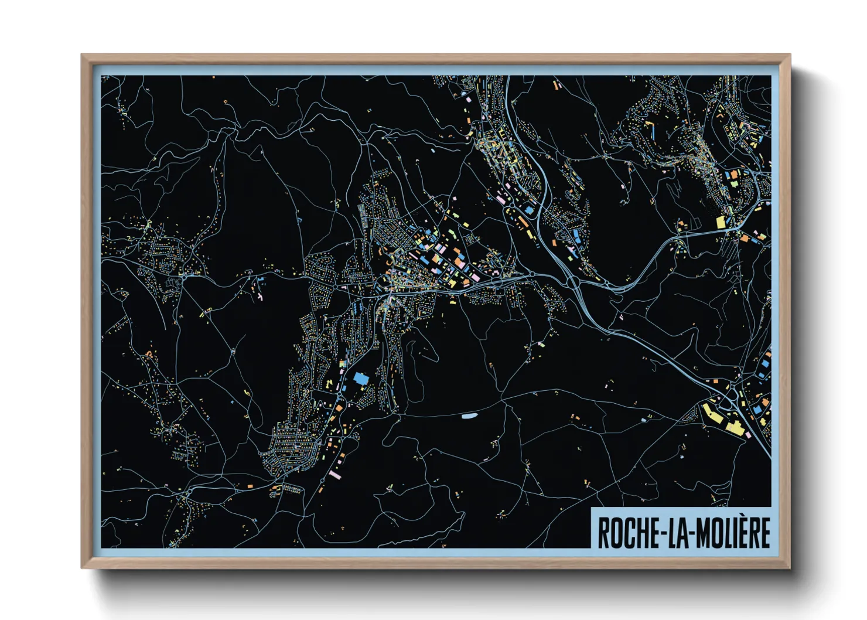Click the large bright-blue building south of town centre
point(361,379)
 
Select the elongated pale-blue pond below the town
point(469,417)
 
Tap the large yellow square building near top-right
point(721,222)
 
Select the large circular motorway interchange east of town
point(573,283)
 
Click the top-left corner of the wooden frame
point(82,55)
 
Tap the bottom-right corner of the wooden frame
point(790,567)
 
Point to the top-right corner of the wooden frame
point(790,55)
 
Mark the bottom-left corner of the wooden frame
point(82,567)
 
